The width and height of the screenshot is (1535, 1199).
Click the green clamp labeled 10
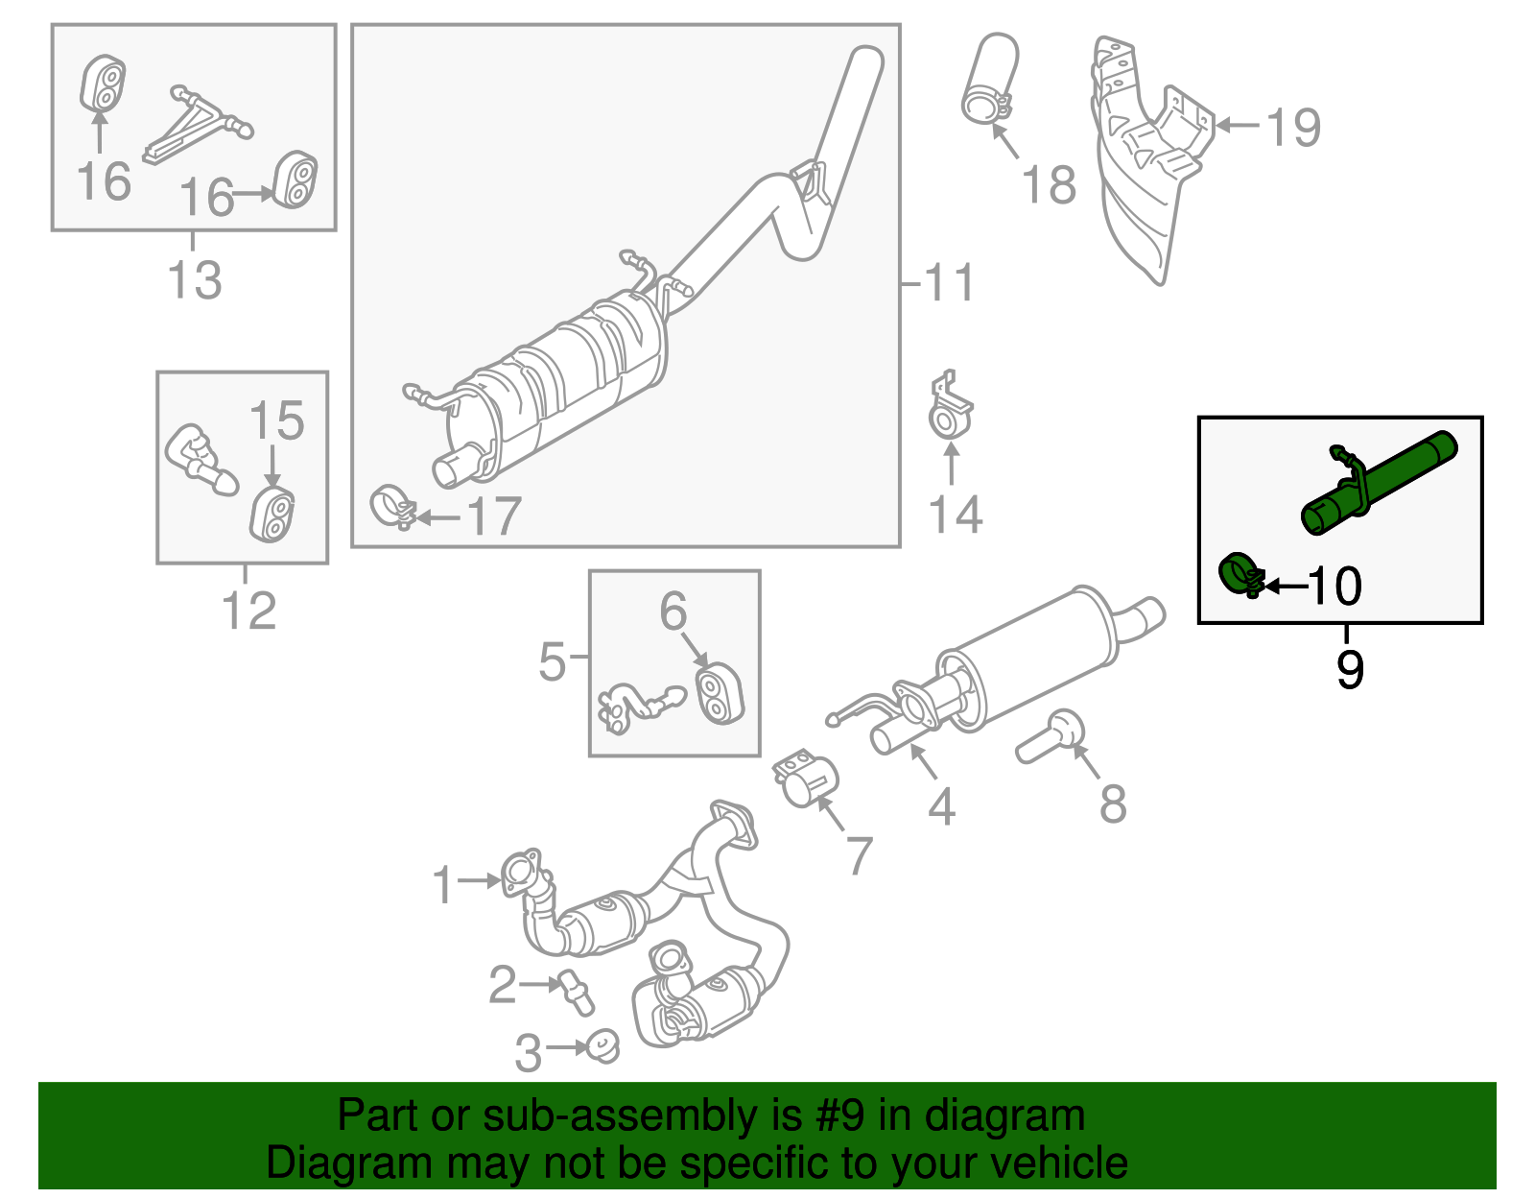pos(1240,575)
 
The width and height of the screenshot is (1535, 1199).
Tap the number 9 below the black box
pos(1349,669)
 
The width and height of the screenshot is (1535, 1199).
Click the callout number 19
pos(1293,127)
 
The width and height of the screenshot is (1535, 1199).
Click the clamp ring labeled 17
pos(391,507)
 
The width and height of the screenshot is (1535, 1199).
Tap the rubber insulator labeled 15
pos(272,516)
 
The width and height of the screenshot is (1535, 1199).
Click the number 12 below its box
pos(248,611)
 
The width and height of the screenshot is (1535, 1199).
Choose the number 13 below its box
pos(195,280)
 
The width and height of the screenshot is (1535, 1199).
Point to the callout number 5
pos(552,661)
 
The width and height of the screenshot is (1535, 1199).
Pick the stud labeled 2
pos(576,992)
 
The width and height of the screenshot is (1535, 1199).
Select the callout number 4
pos(941,805)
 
